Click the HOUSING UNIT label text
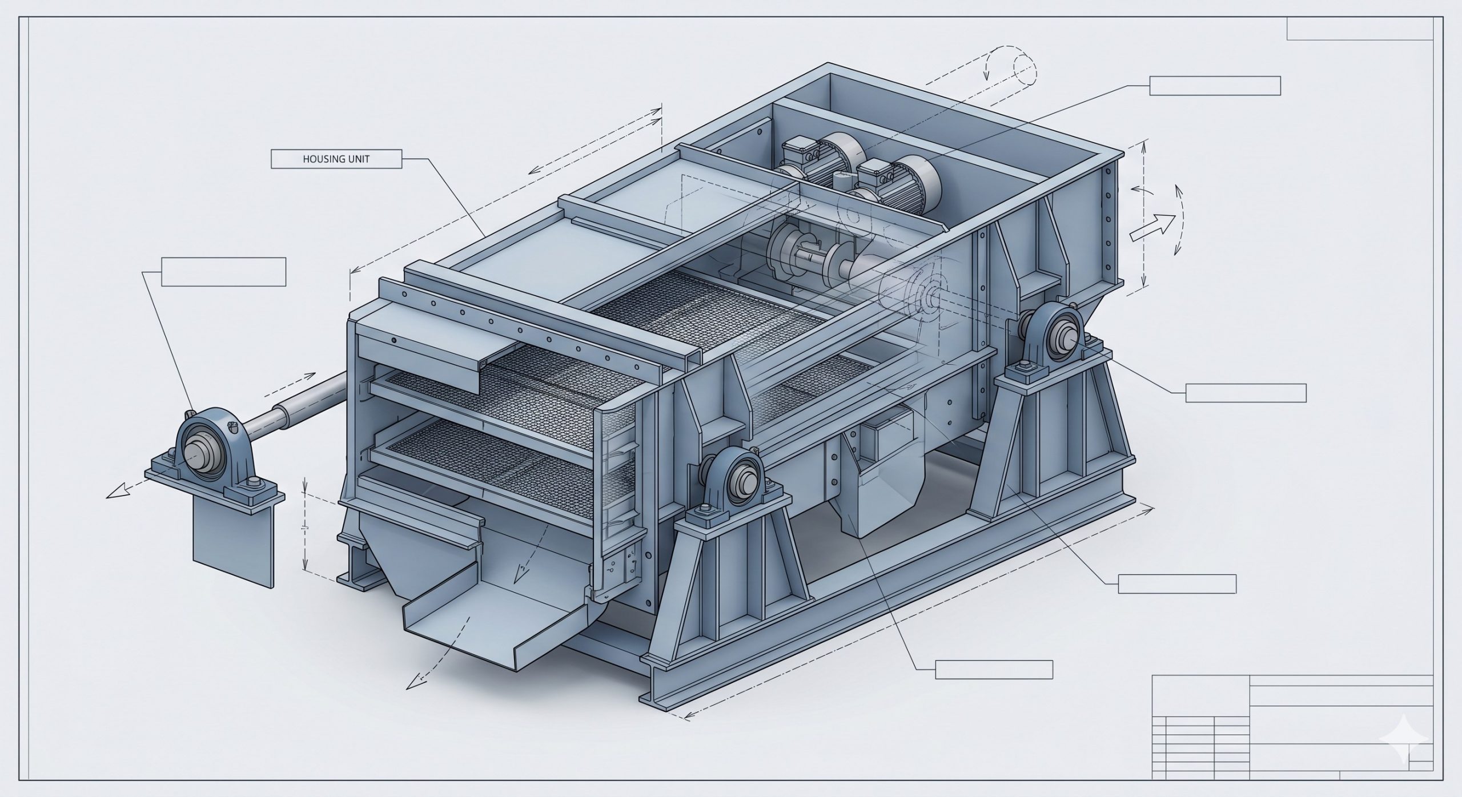click(x=336, y=159)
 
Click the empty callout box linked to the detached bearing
click(x=223, y=272)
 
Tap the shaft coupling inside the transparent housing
click(x=808, y=251)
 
